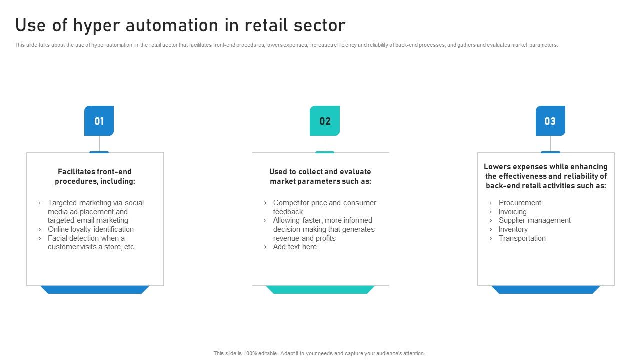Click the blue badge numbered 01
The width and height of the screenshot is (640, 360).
(99, 121)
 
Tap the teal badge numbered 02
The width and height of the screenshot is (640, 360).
(325, 121)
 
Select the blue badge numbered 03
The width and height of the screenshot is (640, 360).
(550, 121)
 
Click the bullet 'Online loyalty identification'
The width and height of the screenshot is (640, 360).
(91, 229)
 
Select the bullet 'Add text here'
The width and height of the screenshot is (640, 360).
(295, 247)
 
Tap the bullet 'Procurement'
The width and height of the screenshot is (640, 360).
(520, 203)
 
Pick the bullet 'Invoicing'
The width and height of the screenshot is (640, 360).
(512, 212)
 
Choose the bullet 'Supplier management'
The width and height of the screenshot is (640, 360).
(534, 220)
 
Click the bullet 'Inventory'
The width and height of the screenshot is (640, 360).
(513, 229)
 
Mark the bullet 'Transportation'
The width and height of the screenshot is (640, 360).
(522, 238)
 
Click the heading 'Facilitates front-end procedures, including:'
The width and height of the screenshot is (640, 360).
(95, 176)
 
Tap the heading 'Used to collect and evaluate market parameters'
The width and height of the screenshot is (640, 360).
(320, 176)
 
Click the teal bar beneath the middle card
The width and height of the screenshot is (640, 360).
(320, 290)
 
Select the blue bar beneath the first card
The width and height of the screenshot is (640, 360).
(95, 290)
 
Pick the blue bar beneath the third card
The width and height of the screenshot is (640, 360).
(546, 290)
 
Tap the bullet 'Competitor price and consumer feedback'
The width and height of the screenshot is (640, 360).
(324, 207)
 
